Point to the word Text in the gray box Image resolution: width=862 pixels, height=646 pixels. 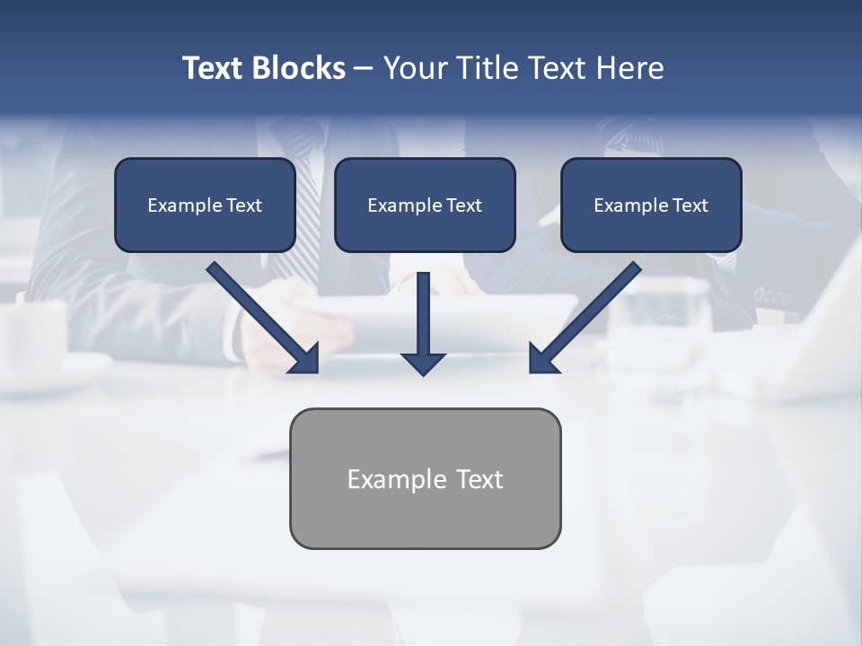(479, 479)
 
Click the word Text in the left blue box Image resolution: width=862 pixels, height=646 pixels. (244, 205)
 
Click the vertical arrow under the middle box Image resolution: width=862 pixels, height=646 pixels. (424, 314)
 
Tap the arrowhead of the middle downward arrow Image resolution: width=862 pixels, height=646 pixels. (424, 363)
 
